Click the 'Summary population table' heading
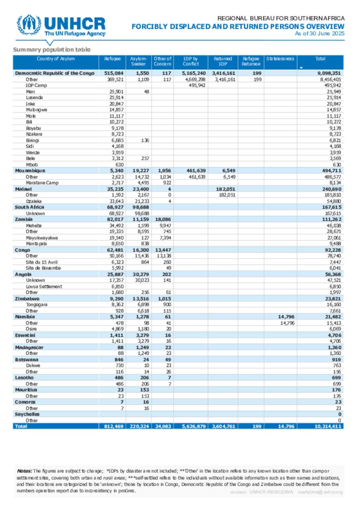52,50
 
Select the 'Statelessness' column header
280,59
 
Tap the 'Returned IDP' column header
223,61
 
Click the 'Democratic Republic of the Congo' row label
54,73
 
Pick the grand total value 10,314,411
328,426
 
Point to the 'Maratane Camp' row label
42,183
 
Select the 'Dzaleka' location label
34,201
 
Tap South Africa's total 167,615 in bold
332,207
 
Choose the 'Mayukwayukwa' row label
42,238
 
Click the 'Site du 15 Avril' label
41,262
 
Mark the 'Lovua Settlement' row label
44,286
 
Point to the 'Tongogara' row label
37,305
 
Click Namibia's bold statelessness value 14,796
286,317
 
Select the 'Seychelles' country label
27,414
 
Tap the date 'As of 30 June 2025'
320,34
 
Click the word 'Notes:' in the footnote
24,471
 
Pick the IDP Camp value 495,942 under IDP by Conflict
197,85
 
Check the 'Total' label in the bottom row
21,426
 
